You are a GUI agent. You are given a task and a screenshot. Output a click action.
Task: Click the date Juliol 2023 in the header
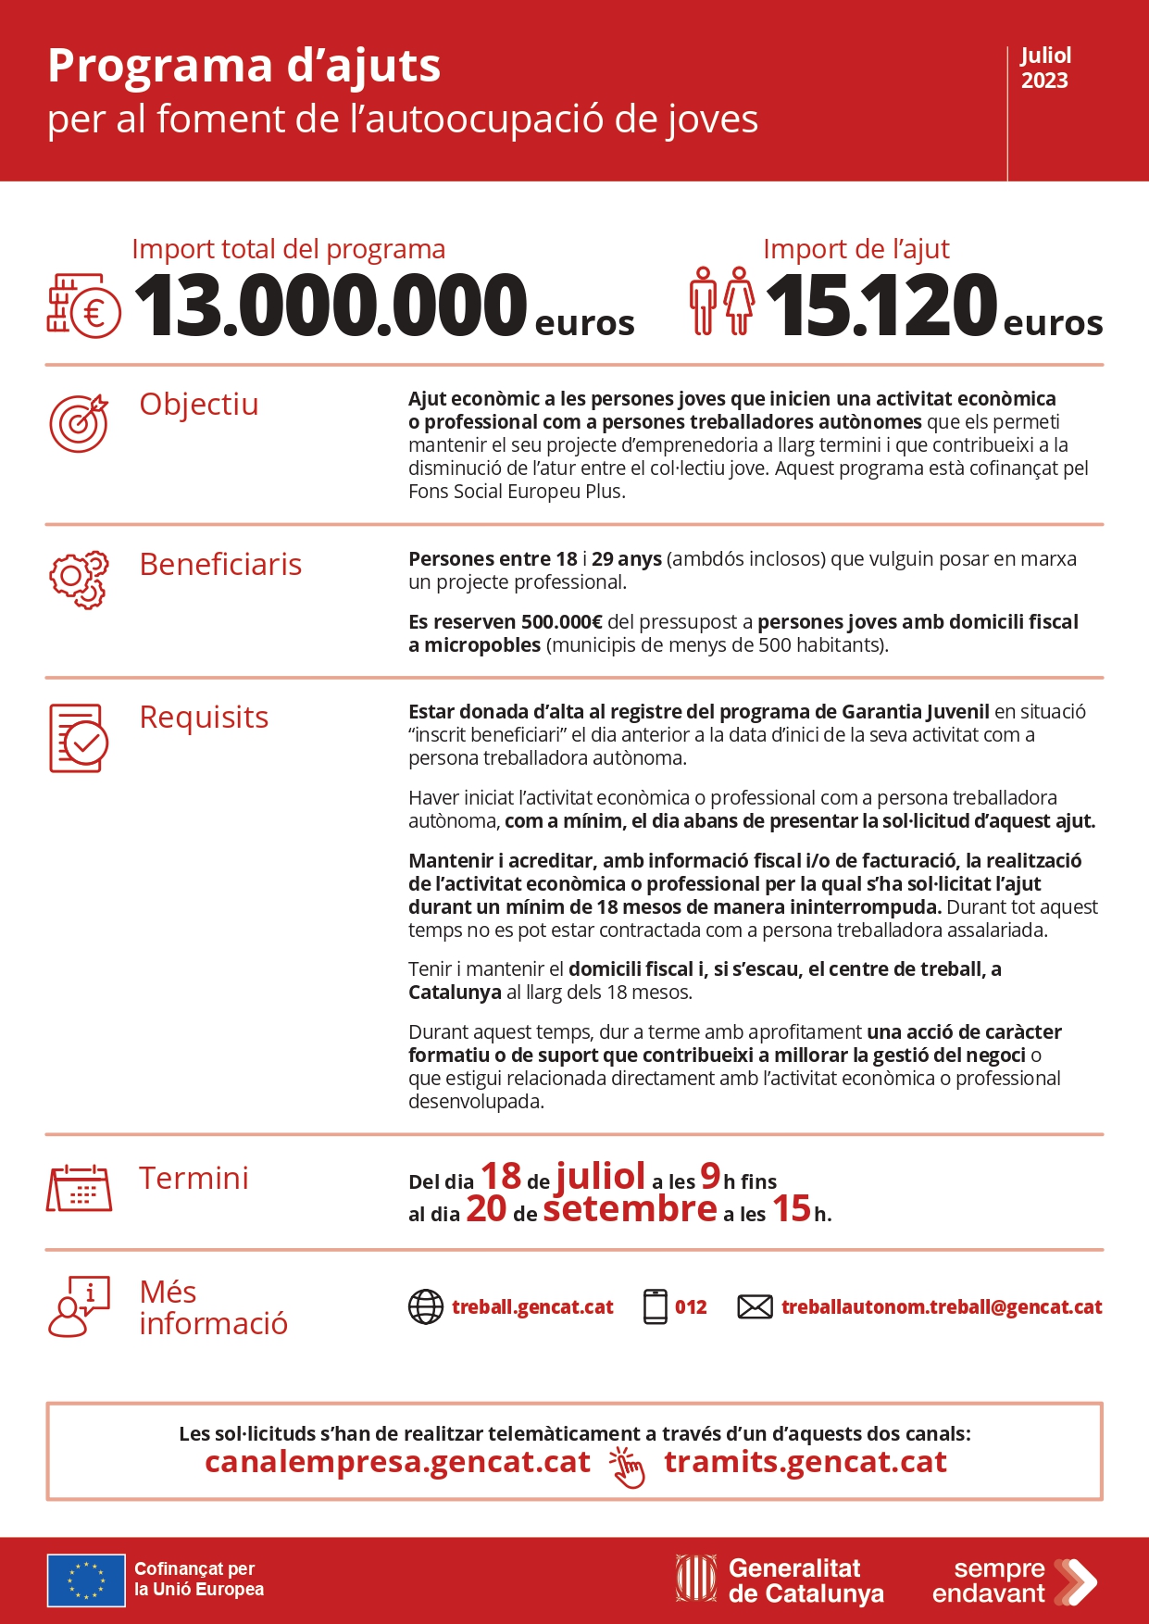[x=1045, y=69]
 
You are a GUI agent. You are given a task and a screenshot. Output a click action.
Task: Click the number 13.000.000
[x=331, y=306]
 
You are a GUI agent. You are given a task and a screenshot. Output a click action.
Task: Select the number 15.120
[x=880, y=306]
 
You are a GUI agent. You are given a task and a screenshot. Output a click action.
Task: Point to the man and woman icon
[x=721, y=301]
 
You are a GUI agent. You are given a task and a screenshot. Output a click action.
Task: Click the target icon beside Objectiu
[x=79, y=423]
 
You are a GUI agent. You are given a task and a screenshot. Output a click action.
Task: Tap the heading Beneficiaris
[x=220, y=564]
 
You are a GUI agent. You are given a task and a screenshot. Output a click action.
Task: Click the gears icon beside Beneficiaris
[x=79, y=581]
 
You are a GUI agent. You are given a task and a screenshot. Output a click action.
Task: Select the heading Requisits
[x=204, y=717]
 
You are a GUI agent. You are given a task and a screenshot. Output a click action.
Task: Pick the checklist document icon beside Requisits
[x=79, y=738]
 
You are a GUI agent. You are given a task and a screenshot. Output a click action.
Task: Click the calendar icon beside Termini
[x=79, y=1188]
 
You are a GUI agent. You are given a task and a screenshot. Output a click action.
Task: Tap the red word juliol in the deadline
[x=600, y=1176]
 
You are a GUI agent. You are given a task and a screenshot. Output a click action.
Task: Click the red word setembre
[x=630, y=1209]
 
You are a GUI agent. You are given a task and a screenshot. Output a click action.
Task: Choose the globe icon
[x=426, y=1307]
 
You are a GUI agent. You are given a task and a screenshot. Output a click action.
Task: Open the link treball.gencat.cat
[x=532, y=1307]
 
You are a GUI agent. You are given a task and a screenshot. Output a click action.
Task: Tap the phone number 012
[x=691, y=1307]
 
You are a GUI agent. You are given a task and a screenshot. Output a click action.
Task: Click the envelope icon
[x=755, y=1307]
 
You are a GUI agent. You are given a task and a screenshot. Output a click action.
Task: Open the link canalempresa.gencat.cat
[x=397, y=1462]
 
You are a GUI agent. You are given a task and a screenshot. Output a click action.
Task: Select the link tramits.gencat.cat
[x=805, y=1462]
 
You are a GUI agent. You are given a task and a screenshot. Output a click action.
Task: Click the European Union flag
[x=86, y=1580]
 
